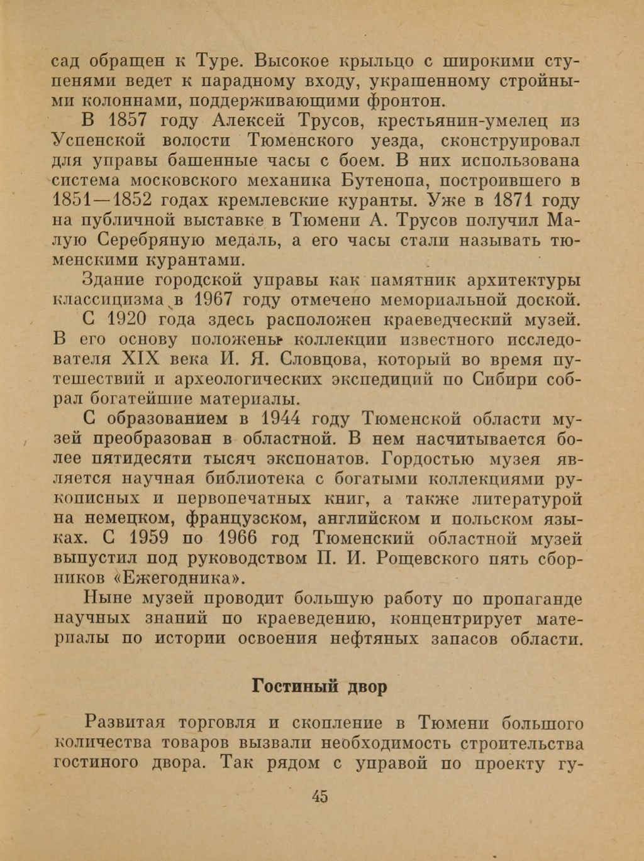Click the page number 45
point(319,796)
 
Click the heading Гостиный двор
point(319,686)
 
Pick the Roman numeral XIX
point(136,359)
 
